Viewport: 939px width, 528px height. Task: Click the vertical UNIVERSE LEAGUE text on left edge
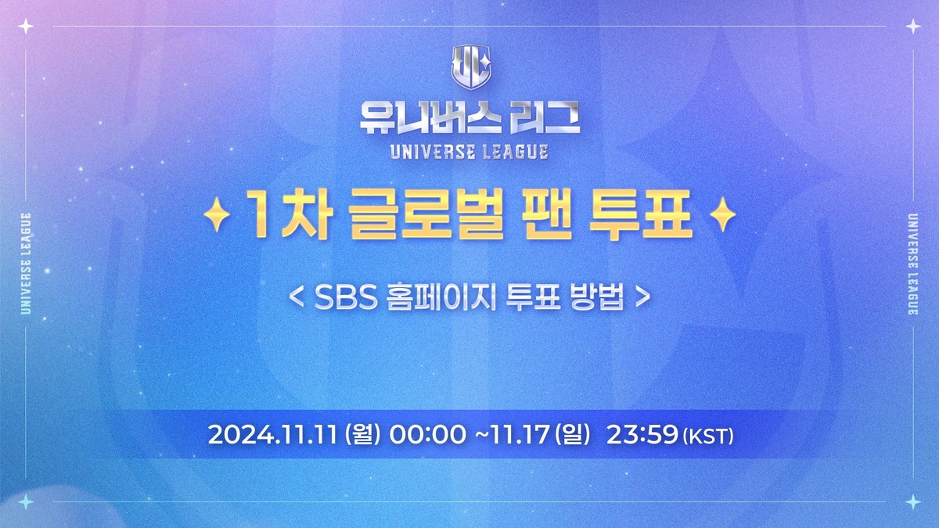click(x=27, y=264)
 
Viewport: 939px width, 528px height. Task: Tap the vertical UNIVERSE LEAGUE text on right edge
click(x=912, y=264)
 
